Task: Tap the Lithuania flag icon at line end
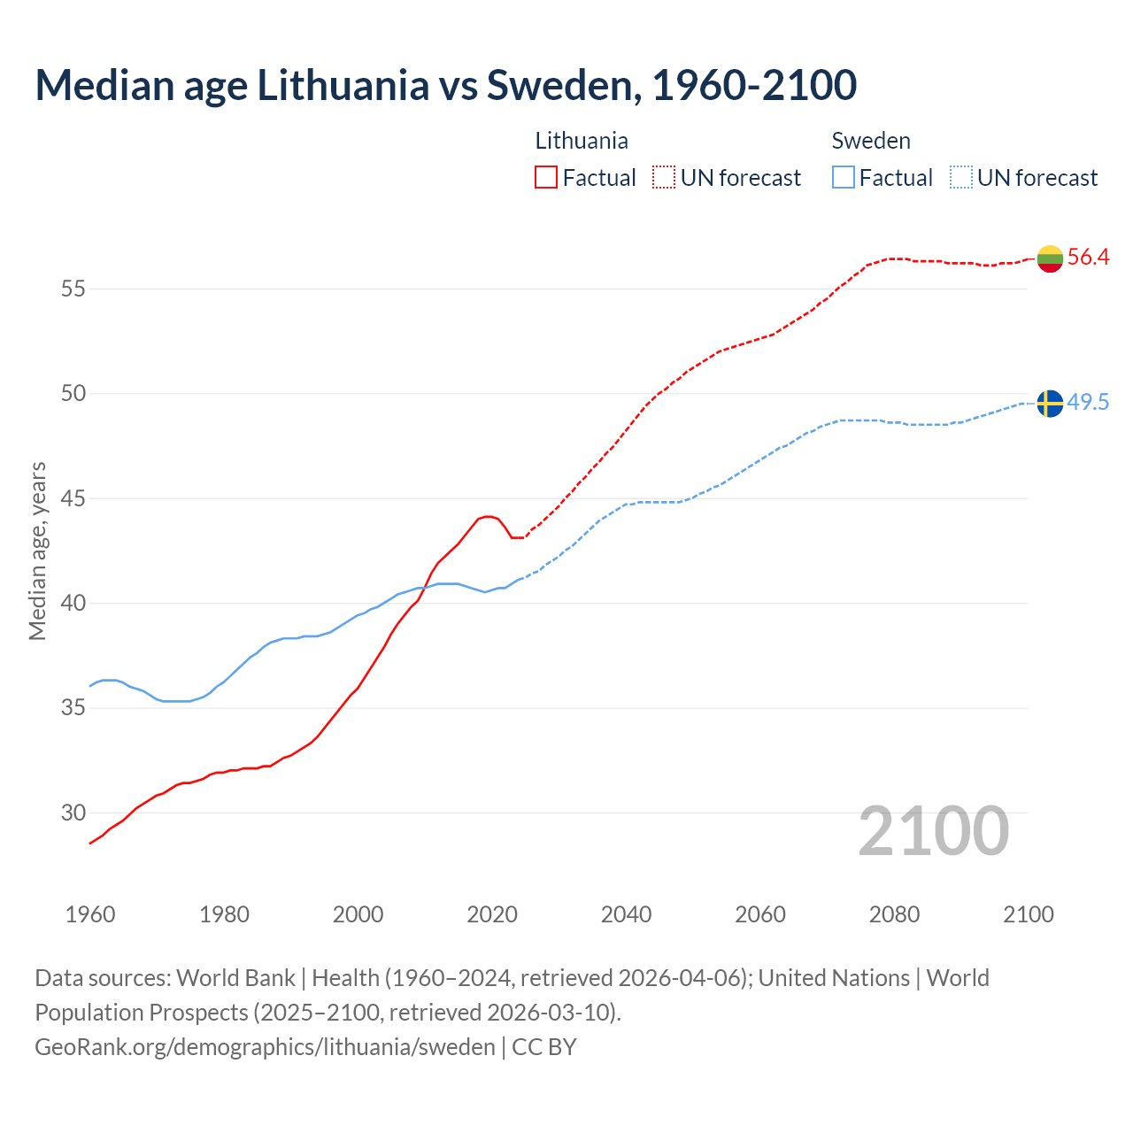pyautogui.click(x=1050, y=258)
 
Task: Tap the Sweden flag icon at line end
pyautogui.click(x=1050, y=403)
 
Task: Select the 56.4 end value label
pyautogui.click(x=1088, y=258)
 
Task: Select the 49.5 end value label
pyautogui.click(x=1088, y=403)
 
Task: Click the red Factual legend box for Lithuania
pyautogui.click(x=546, y=177)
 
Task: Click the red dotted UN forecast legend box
pyautogui.click(x=664, y=177)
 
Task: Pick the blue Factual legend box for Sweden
pyautogui.click(x=844, y=177)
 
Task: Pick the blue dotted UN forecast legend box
pyautogui.click(x=961, y=177)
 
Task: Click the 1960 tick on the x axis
pyautogui.click(x=90, y=914)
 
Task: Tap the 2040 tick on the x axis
pyautogui.click(x=626, y=914)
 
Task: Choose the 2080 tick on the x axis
pyautogui.click(x=894, y=914)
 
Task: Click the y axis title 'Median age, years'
pyautogui.click(x=37, y=551)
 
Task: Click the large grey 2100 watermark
pyautogui.click(x=933, y=830)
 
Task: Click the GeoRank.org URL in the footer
pyautogui.click(x=265, y=1047)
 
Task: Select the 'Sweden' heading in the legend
pyautogui.click(x=871, y=141)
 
